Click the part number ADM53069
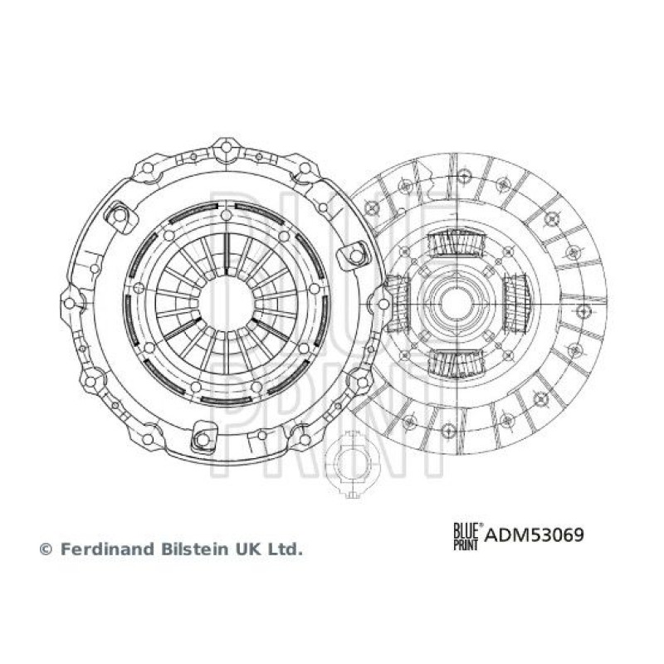(x=534, y=535)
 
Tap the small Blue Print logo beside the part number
(x=467, y=536)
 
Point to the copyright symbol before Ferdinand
(x=46, y=549)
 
